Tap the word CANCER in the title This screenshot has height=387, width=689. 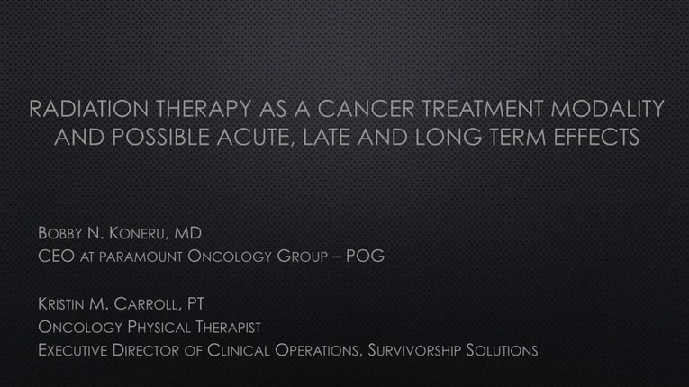point(366,109)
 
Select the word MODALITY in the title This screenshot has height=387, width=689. point(607,109)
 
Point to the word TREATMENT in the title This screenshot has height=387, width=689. point(482,109)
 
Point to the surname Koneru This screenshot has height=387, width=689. point(136,233)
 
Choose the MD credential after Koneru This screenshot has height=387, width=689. point(188,233)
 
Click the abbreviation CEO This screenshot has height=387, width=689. point(56,256)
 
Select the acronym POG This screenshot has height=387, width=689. point(365,256)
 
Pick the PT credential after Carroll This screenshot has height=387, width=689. point(195,303)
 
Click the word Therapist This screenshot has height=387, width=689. point(229,327)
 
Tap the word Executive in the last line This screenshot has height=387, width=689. point(73,350)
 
